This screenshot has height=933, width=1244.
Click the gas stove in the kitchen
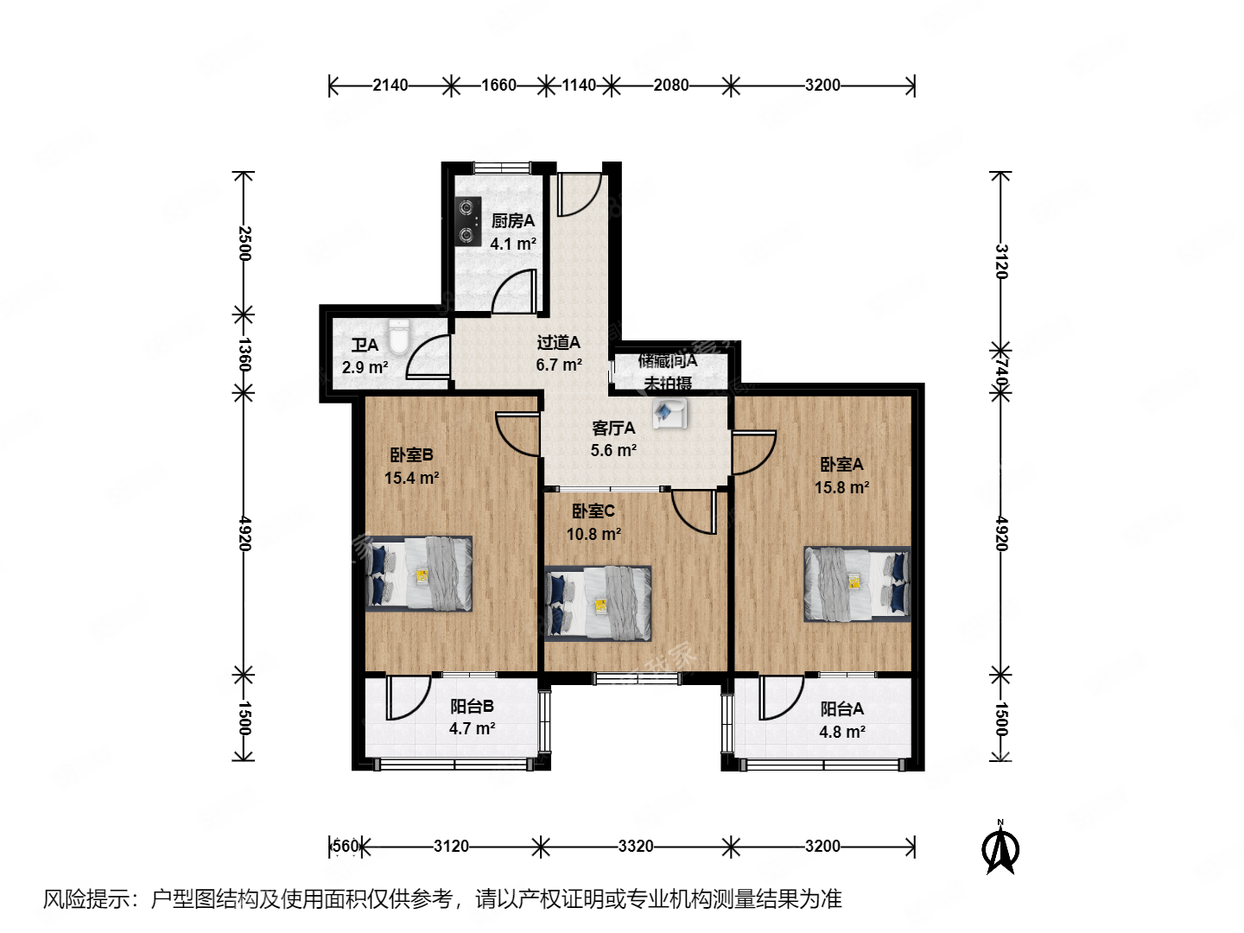468,221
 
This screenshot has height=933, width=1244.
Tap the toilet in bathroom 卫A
397,337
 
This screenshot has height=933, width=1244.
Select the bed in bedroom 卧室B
419,574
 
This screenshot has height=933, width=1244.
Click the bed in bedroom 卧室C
598,603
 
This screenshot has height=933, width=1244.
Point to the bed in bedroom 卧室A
857,583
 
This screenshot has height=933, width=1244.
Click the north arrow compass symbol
1000,849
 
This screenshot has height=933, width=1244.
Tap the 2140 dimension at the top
390,85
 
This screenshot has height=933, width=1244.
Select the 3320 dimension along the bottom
635,846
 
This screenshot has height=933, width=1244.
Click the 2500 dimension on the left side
244,244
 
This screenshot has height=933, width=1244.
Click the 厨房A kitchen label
513,221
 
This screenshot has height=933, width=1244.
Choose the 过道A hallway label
558,343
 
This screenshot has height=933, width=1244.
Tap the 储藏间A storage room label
668,361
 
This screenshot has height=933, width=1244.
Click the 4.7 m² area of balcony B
472,728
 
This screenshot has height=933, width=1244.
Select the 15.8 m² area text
841,487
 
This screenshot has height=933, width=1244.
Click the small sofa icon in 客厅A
670,413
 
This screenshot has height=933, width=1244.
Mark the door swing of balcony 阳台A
780,698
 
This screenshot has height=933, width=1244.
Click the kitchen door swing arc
514,291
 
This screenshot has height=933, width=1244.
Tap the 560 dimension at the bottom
345,846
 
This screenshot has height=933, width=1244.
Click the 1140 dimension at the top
579,85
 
